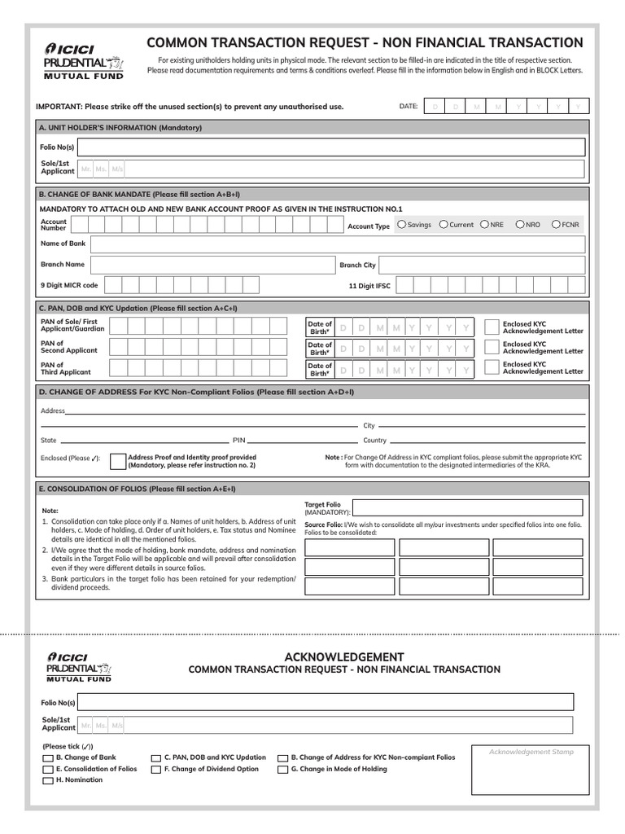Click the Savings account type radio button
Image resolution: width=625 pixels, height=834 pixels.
(401, 225)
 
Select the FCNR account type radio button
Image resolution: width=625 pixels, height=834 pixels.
(556, 225)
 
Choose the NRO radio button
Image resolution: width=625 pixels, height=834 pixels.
(519, 225)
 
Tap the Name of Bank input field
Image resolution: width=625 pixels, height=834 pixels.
(337, 244)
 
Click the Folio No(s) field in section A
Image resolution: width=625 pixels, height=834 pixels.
(331, 147)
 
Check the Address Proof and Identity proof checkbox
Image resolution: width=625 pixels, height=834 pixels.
(117, 461)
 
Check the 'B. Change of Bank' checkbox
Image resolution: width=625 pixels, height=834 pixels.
(47, 758)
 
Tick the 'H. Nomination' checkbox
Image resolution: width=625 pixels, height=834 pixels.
(47, 781)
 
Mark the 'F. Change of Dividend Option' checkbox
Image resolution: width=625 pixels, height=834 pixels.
(156, 770)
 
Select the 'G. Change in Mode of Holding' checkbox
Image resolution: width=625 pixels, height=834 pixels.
(283, 770)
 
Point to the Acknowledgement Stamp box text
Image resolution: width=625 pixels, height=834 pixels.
(531, 752)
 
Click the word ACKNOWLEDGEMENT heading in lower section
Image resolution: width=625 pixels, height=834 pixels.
(344, 656)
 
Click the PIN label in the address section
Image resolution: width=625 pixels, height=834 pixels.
(239, 440)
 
